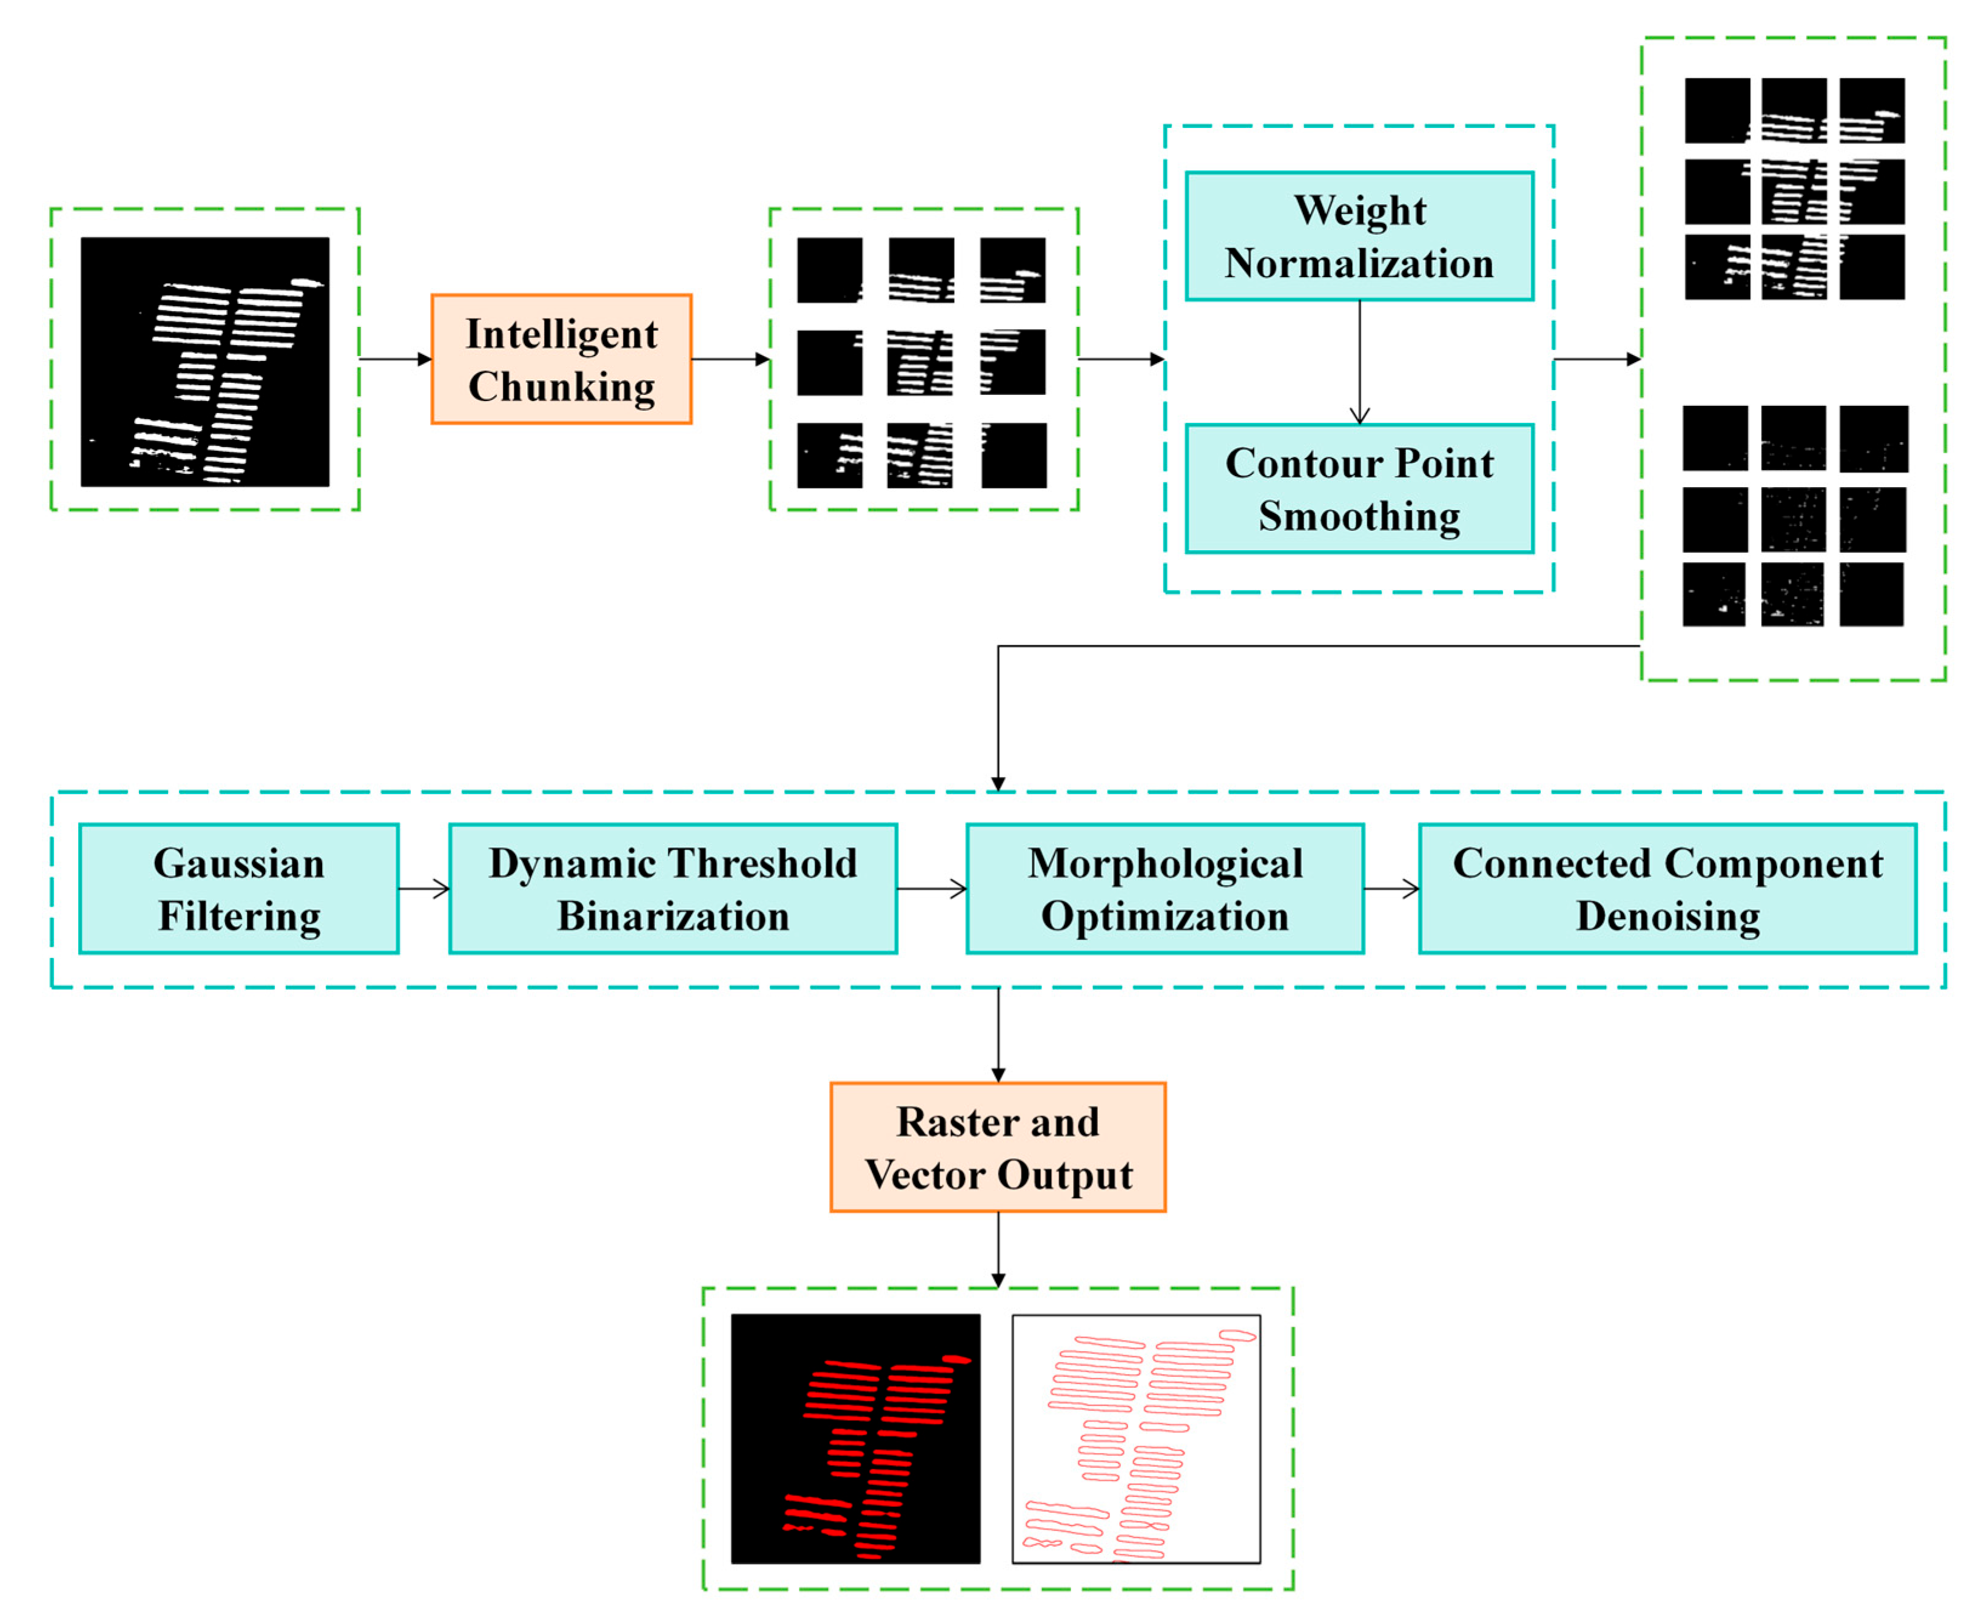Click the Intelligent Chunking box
click(x=561, y=359)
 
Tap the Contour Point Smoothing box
click(x=1358, y=489)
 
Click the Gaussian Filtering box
click(x=238, y=889)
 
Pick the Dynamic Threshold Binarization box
click(x=672, y=889)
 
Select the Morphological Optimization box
click(x=1165, y=889)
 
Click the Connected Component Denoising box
click(x=1667, y=889)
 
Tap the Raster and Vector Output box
click(x=998, y=1147)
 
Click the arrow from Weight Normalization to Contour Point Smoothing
click(x=1359, y=362)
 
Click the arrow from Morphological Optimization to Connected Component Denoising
click(x=1391, y=889)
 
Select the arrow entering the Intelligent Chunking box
click(x=395, y=359)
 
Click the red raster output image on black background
click(x=855, y=1438)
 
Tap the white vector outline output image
click(x=1136, y=1438)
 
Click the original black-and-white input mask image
click(x=205, y=362)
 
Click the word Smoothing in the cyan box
click(x=1358, y=516)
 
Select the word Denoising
click(x=1667, y=916)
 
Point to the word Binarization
click(x=672, y=916)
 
